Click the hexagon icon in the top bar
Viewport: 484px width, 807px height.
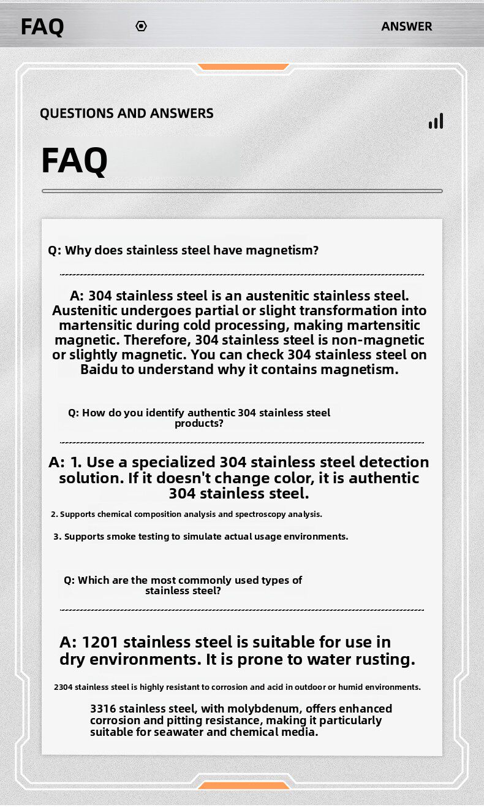[141, 26]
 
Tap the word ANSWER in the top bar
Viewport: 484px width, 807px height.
[407, 26]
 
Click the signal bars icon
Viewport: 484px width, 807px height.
[436, 121]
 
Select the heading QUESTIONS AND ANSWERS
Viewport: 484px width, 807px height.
[127, 113]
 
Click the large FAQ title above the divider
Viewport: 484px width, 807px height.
[74, 161]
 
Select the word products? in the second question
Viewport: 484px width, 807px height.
[199, 423]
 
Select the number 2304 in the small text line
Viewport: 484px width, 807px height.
[63, 687]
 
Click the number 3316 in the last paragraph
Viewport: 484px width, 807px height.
[103, 709]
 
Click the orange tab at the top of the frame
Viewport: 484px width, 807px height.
[243, 66]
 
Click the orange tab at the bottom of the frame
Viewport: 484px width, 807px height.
[243, 785]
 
